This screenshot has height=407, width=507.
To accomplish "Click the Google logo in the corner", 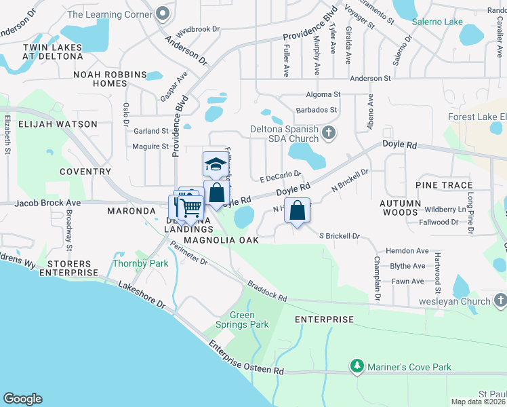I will tap(22, 399).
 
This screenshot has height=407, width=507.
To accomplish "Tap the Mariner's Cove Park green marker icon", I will tap(357, 367).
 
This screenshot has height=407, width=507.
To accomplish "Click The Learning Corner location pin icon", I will tap(162, 14).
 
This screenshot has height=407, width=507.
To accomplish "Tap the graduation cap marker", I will tap(216, 165).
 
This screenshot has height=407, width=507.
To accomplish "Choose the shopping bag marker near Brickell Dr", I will tap(297, 211).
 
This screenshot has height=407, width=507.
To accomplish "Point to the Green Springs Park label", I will tap(248, 319).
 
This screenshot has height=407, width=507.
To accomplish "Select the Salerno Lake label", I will tap(438, 22).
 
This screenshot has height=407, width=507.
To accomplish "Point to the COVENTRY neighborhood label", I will tap(85, 172).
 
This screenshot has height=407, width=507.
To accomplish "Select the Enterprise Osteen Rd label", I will tap(246, 359).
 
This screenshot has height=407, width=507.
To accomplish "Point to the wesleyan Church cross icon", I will tap(500, 299).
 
